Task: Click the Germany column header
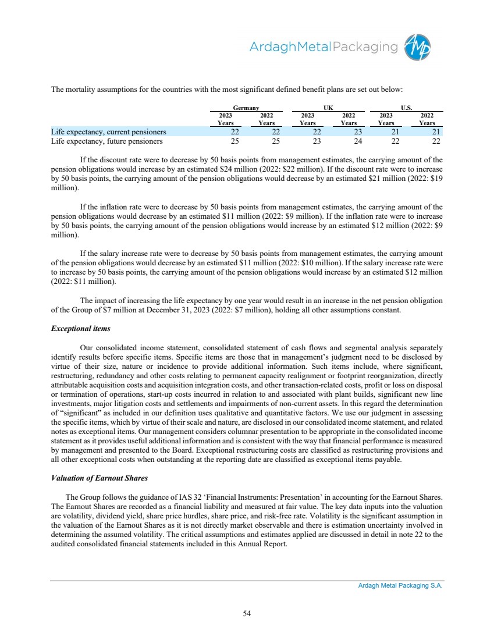click(246, 108)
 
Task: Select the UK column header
click(328, 108)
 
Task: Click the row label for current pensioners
click(109, 131)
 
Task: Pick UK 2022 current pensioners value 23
click(349, 131)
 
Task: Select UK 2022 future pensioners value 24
click(349, 140)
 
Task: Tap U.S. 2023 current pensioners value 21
click(390, 131)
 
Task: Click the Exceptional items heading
click(77, 329)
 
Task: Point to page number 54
click(247, 612)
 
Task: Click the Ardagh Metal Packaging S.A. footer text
click(400, 586)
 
